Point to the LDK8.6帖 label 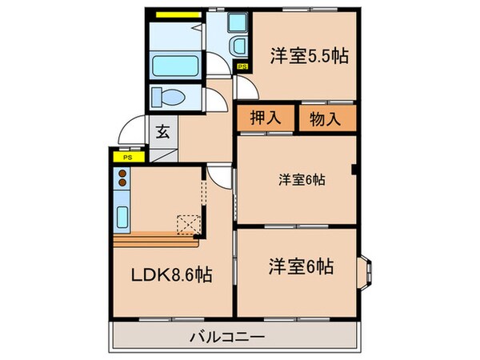point(171,274)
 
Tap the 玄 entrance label point(162,132)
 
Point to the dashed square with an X point(189,225)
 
